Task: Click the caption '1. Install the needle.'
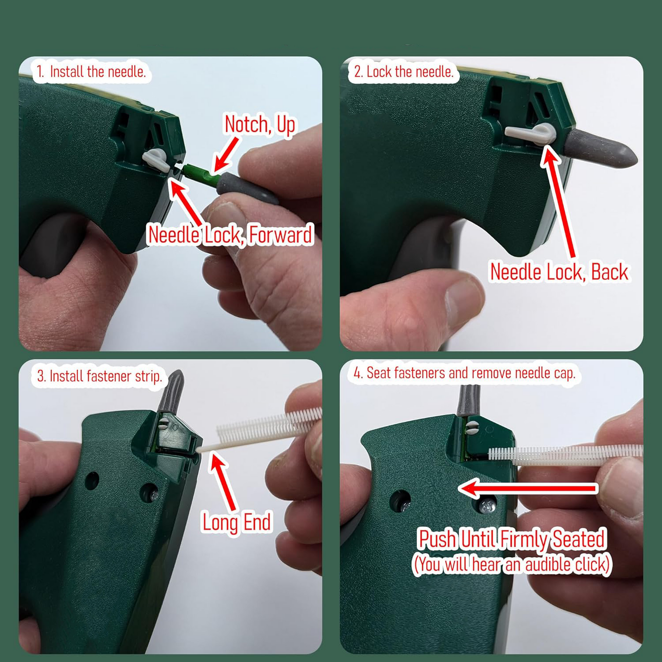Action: [x=91, y=72]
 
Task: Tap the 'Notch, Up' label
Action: [x=260, y=125]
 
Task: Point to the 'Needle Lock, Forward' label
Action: [x=230, y=235]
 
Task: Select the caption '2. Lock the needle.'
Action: [x=404, y=72]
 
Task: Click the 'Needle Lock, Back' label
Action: [x=559, y=272]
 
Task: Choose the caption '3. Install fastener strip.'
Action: [x=99, y=377]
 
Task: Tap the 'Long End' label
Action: [x=236, y=522]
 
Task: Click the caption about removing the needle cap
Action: [x=464, y=373]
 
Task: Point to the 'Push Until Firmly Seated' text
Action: [x=512, y=539]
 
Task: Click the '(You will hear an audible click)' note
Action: [x=512, y=564]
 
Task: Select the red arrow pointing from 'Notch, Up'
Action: [x=227, y=154]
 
